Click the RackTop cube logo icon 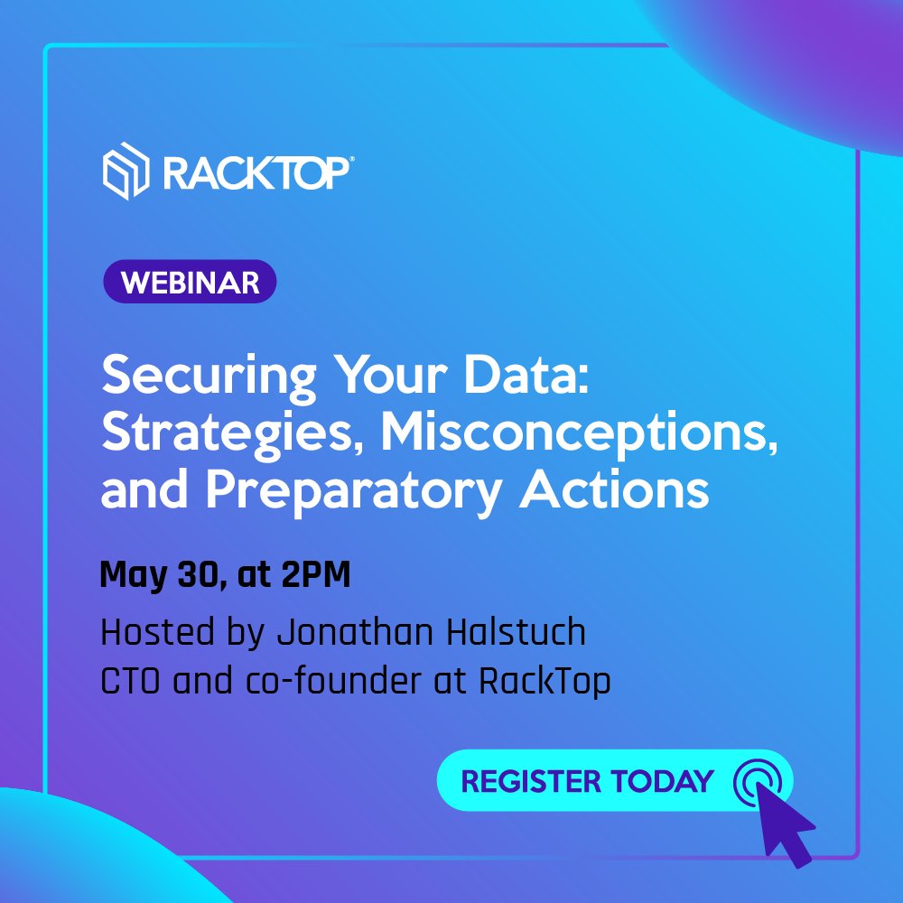[125, 171]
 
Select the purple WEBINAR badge [189, 283]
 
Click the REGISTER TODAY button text [587, 780]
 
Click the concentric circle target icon [756, 779]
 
